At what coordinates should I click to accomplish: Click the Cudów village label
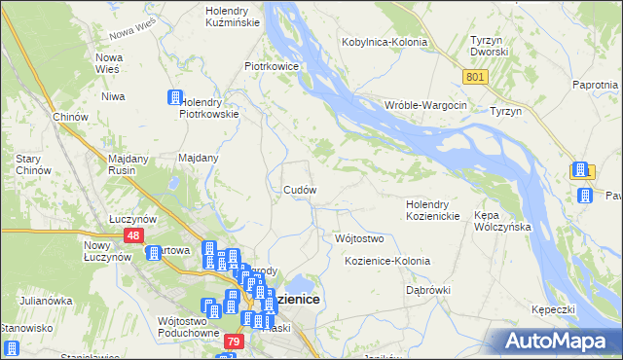[299, 189]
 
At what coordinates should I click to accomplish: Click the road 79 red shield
[233, 342]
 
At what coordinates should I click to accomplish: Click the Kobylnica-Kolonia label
[386, 42]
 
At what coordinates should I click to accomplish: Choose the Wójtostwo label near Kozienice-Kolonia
[359, 238]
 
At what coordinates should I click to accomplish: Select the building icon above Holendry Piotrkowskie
[175, 97]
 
